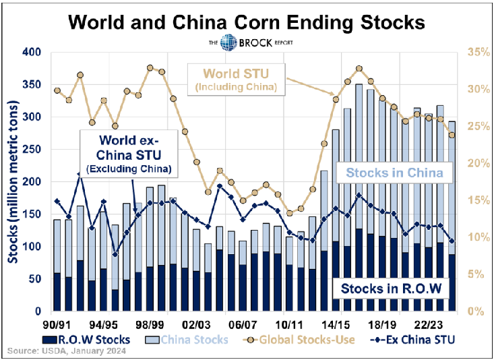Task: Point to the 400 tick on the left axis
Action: pos(32,52)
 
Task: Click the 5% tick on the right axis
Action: pos(472,275)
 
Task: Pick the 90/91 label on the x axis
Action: pos(56,323)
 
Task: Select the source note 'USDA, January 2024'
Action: pos(61,351)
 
